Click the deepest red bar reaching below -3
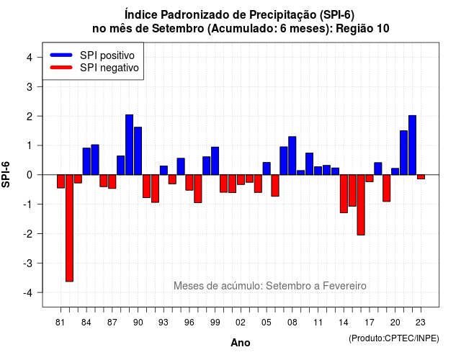point(69,228)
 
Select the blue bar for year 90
point(138,151)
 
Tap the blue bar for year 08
point(292,156)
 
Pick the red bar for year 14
point(344,194)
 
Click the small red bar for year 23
point(421,177)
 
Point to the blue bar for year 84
point(86,161)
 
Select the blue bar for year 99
point(215,161)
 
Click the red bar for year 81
point(61,181)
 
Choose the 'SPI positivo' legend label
point(107,55)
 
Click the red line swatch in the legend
point(61,68)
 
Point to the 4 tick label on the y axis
point(30,58)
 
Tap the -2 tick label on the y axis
point(28,234)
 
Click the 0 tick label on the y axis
point(30,175)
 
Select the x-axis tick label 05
point(267,323)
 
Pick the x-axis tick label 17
point(370,323)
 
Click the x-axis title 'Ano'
point(241,343)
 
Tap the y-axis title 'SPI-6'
point(6,174)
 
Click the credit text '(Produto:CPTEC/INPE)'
point(394,338)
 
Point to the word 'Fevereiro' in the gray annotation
point(344,286)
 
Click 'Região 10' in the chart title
point(362,29)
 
